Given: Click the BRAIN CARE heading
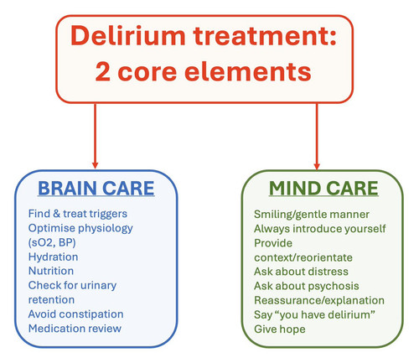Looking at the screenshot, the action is tap(96, 188).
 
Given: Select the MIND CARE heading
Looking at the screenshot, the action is tap(323, 188).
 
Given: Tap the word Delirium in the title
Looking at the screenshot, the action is tap(128, 36).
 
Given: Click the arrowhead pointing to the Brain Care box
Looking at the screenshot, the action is tap(95, 165).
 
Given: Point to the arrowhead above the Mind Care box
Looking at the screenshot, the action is tap(317, 165).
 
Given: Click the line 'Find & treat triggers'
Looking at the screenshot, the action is tap(78, 214).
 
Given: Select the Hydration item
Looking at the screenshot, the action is tap(53, 257).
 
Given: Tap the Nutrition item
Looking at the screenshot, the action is tap(51, 271).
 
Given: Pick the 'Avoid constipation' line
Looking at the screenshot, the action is tap(75, 314).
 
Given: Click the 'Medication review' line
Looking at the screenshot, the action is tap(75, 329).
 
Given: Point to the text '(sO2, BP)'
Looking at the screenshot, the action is tap(52, 242).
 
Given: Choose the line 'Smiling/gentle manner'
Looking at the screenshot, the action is tap(312, 215).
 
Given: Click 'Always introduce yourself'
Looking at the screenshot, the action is tap(320, 229).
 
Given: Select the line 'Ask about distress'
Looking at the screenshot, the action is tap(301, 272).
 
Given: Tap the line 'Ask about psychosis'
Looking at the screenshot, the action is tap(307, 286).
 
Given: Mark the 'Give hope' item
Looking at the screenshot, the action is tap(280, 329).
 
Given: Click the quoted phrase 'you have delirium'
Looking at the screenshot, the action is tap(325, 315).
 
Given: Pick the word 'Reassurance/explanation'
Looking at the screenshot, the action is tap(319, 300).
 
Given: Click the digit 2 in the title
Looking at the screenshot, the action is tap(102, 72).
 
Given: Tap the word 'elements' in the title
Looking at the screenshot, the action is tap(248, 71).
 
